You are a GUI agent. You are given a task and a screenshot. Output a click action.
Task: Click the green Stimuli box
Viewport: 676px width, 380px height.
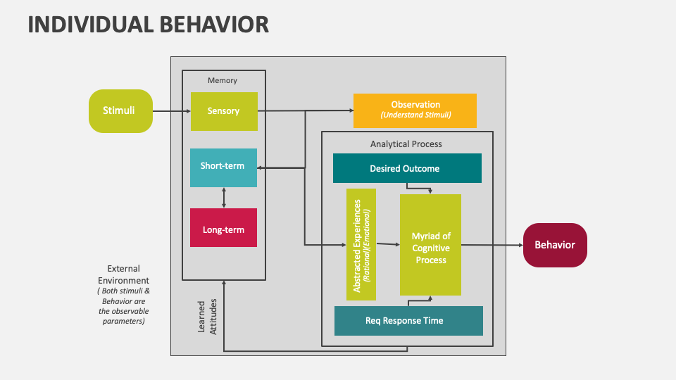click(120, 110)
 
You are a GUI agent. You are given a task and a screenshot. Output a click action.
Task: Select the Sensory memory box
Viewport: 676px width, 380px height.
click(224, 111)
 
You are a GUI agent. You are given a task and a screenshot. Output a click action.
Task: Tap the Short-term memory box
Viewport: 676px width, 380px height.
click(223, 167)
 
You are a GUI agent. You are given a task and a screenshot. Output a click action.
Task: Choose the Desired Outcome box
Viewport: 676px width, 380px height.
click(406, 168)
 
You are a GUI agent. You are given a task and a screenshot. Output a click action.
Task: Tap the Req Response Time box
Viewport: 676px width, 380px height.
click(408, 321)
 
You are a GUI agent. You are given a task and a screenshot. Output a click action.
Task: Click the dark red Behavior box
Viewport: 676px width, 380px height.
click(555, 245)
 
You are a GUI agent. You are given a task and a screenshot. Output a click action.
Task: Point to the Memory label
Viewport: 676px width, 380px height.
click(223, 80)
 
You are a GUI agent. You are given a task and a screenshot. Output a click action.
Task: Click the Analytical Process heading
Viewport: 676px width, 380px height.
click(406, 144)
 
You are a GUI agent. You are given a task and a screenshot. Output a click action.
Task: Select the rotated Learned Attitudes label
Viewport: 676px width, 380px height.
click(207, 316)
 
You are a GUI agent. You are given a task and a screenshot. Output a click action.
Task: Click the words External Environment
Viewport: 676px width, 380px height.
click(123, 274)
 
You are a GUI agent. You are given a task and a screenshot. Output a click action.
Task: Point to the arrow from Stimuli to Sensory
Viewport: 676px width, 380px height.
click(171, 111)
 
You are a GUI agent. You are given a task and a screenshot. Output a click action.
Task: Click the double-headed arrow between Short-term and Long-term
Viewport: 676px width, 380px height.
click(224, 197)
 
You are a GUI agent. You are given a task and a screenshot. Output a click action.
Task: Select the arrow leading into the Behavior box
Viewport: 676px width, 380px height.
click(493, 245)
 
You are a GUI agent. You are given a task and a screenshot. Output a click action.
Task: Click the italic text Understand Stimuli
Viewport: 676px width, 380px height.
click(415, 115)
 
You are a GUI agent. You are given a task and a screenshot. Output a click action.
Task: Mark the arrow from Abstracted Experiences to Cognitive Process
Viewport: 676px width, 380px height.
click(388, 244)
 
